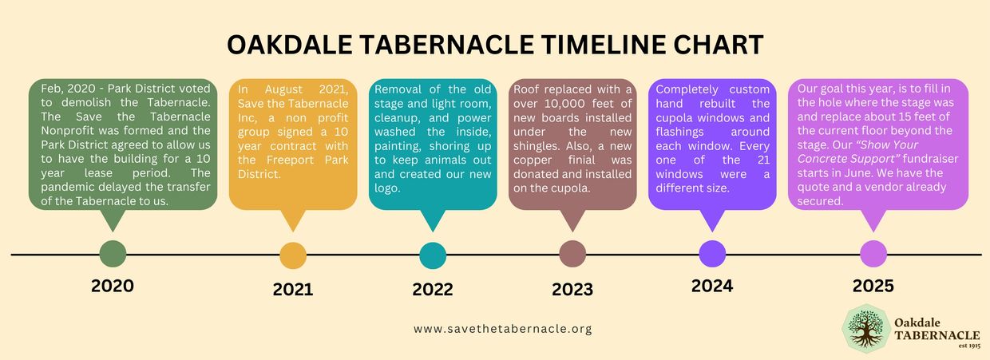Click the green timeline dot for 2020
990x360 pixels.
(x=113, y=254)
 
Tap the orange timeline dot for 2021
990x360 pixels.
(x=293, y=255)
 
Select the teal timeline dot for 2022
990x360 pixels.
(x=433, y=255)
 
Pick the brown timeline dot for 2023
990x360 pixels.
(x=572, y=254)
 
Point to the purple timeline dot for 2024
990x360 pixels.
(x=712, y=254)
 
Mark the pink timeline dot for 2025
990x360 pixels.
(x=873, y=254)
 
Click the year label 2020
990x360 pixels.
(x=113, y=286)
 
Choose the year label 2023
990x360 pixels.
(x=572, y=289)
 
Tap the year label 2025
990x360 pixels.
(x=873, y=286)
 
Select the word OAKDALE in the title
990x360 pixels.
(x=289, y=45)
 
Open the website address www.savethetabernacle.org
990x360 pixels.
(x=503, y=329)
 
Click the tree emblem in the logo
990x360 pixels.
(x=866, y=329)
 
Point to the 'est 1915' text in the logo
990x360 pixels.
(x=969, y=346)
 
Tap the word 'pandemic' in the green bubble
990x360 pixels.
(x=68, y=187)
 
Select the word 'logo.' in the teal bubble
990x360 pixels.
(x=387, y=188)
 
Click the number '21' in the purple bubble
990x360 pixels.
(x=763, y=160)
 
